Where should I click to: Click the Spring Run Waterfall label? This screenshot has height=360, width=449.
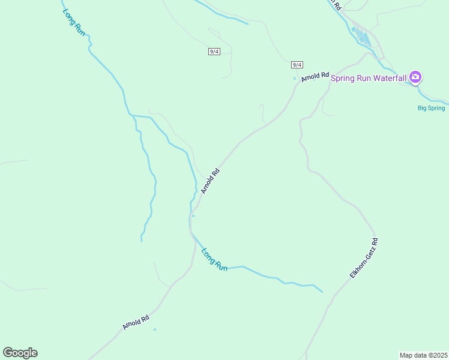tap(369, 78)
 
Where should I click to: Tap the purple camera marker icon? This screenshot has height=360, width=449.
tap(415, 77)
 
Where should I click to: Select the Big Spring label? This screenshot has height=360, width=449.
tap(432, 108)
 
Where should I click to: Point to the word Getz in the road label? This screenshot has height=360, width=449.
tap(374, 246)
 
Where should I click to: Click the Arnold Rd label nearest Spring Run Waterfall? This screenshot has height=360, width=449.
tap(316, 77)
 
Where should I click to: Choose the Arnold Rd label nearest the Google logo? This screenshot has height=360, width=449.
tap(136, 323)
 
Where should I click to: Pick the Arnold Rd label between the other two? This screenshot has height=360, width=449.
tap(211, 181)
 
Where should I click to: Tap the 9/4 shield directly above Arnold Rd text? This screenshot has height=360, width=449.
tap(297, 64)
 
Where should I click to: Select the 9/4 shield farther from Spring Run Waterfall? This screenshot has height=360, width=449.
tap(214, 52)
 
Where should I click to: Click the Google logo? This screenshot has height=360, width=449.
tap(20, 353)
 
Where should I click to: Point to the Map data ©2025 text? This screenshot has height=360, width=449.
tap(423, 355)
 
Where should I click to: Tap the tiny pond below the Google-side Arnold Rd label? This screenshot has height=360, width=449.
tap(155, 329)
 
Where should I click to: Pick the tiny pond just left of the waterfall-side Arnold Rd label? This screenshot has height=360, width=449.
tap(294, 79)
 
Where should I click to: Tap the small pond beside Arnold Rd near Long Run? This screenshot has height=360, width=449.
tap(193, 217)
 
